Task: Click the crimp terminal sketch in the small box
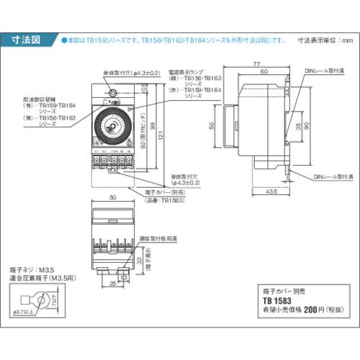tap(35, 302)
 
